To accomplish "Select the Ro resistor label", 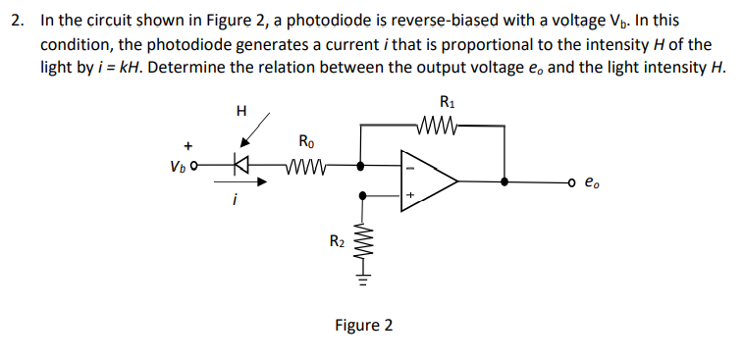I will tap(304, 141).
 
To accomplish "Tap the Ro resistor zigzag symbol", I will tap(306, 166).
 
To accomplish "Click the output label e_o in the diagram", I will tap(590, 181).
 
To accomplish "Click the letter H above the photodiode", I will tap(241, 109).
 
